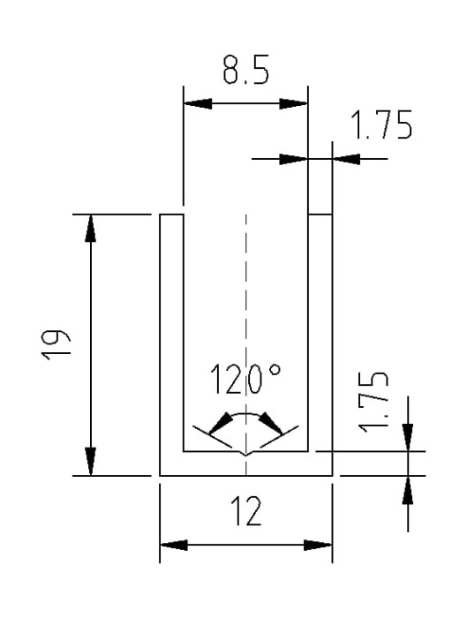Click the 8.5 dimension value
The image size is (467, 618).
245,70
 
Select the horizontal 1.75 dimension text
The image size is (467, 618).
381,124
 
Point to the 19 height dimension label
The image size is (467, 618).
56,344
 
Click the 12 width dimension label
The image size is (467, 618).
245,511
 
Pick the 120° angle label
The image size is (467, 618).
245,379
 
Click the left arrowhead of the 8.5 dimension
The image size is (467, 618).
198,104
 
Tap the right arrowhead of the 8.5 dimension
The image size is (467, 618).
293,104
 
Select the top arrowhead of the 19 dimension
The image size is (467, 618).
91,228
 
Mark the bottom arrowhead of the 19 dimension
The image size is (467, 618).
91,462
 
